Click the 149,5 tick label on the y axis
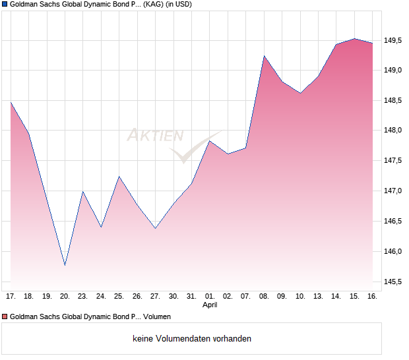394,41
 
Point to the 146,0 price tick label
394,251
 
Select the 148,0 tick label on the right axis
394,131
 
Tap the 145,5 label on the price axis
394,282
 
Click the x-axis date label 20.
65,296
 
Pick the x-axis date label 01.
210,296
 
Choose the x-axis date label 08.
264,296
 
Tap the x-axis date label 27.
155,296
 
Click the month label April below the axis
210,305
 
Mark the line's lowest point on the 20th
65,265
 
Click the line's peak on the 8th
264,56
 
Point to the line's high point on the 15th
354,38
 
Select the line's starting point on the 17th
11,102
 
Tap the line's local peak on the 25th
119,176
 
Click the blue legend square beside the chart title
5,4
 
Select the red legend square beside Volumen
5,317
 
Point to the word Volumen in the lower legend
156,317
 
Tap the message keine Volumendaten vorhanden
191,338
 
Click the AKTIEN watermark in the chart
155,136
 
